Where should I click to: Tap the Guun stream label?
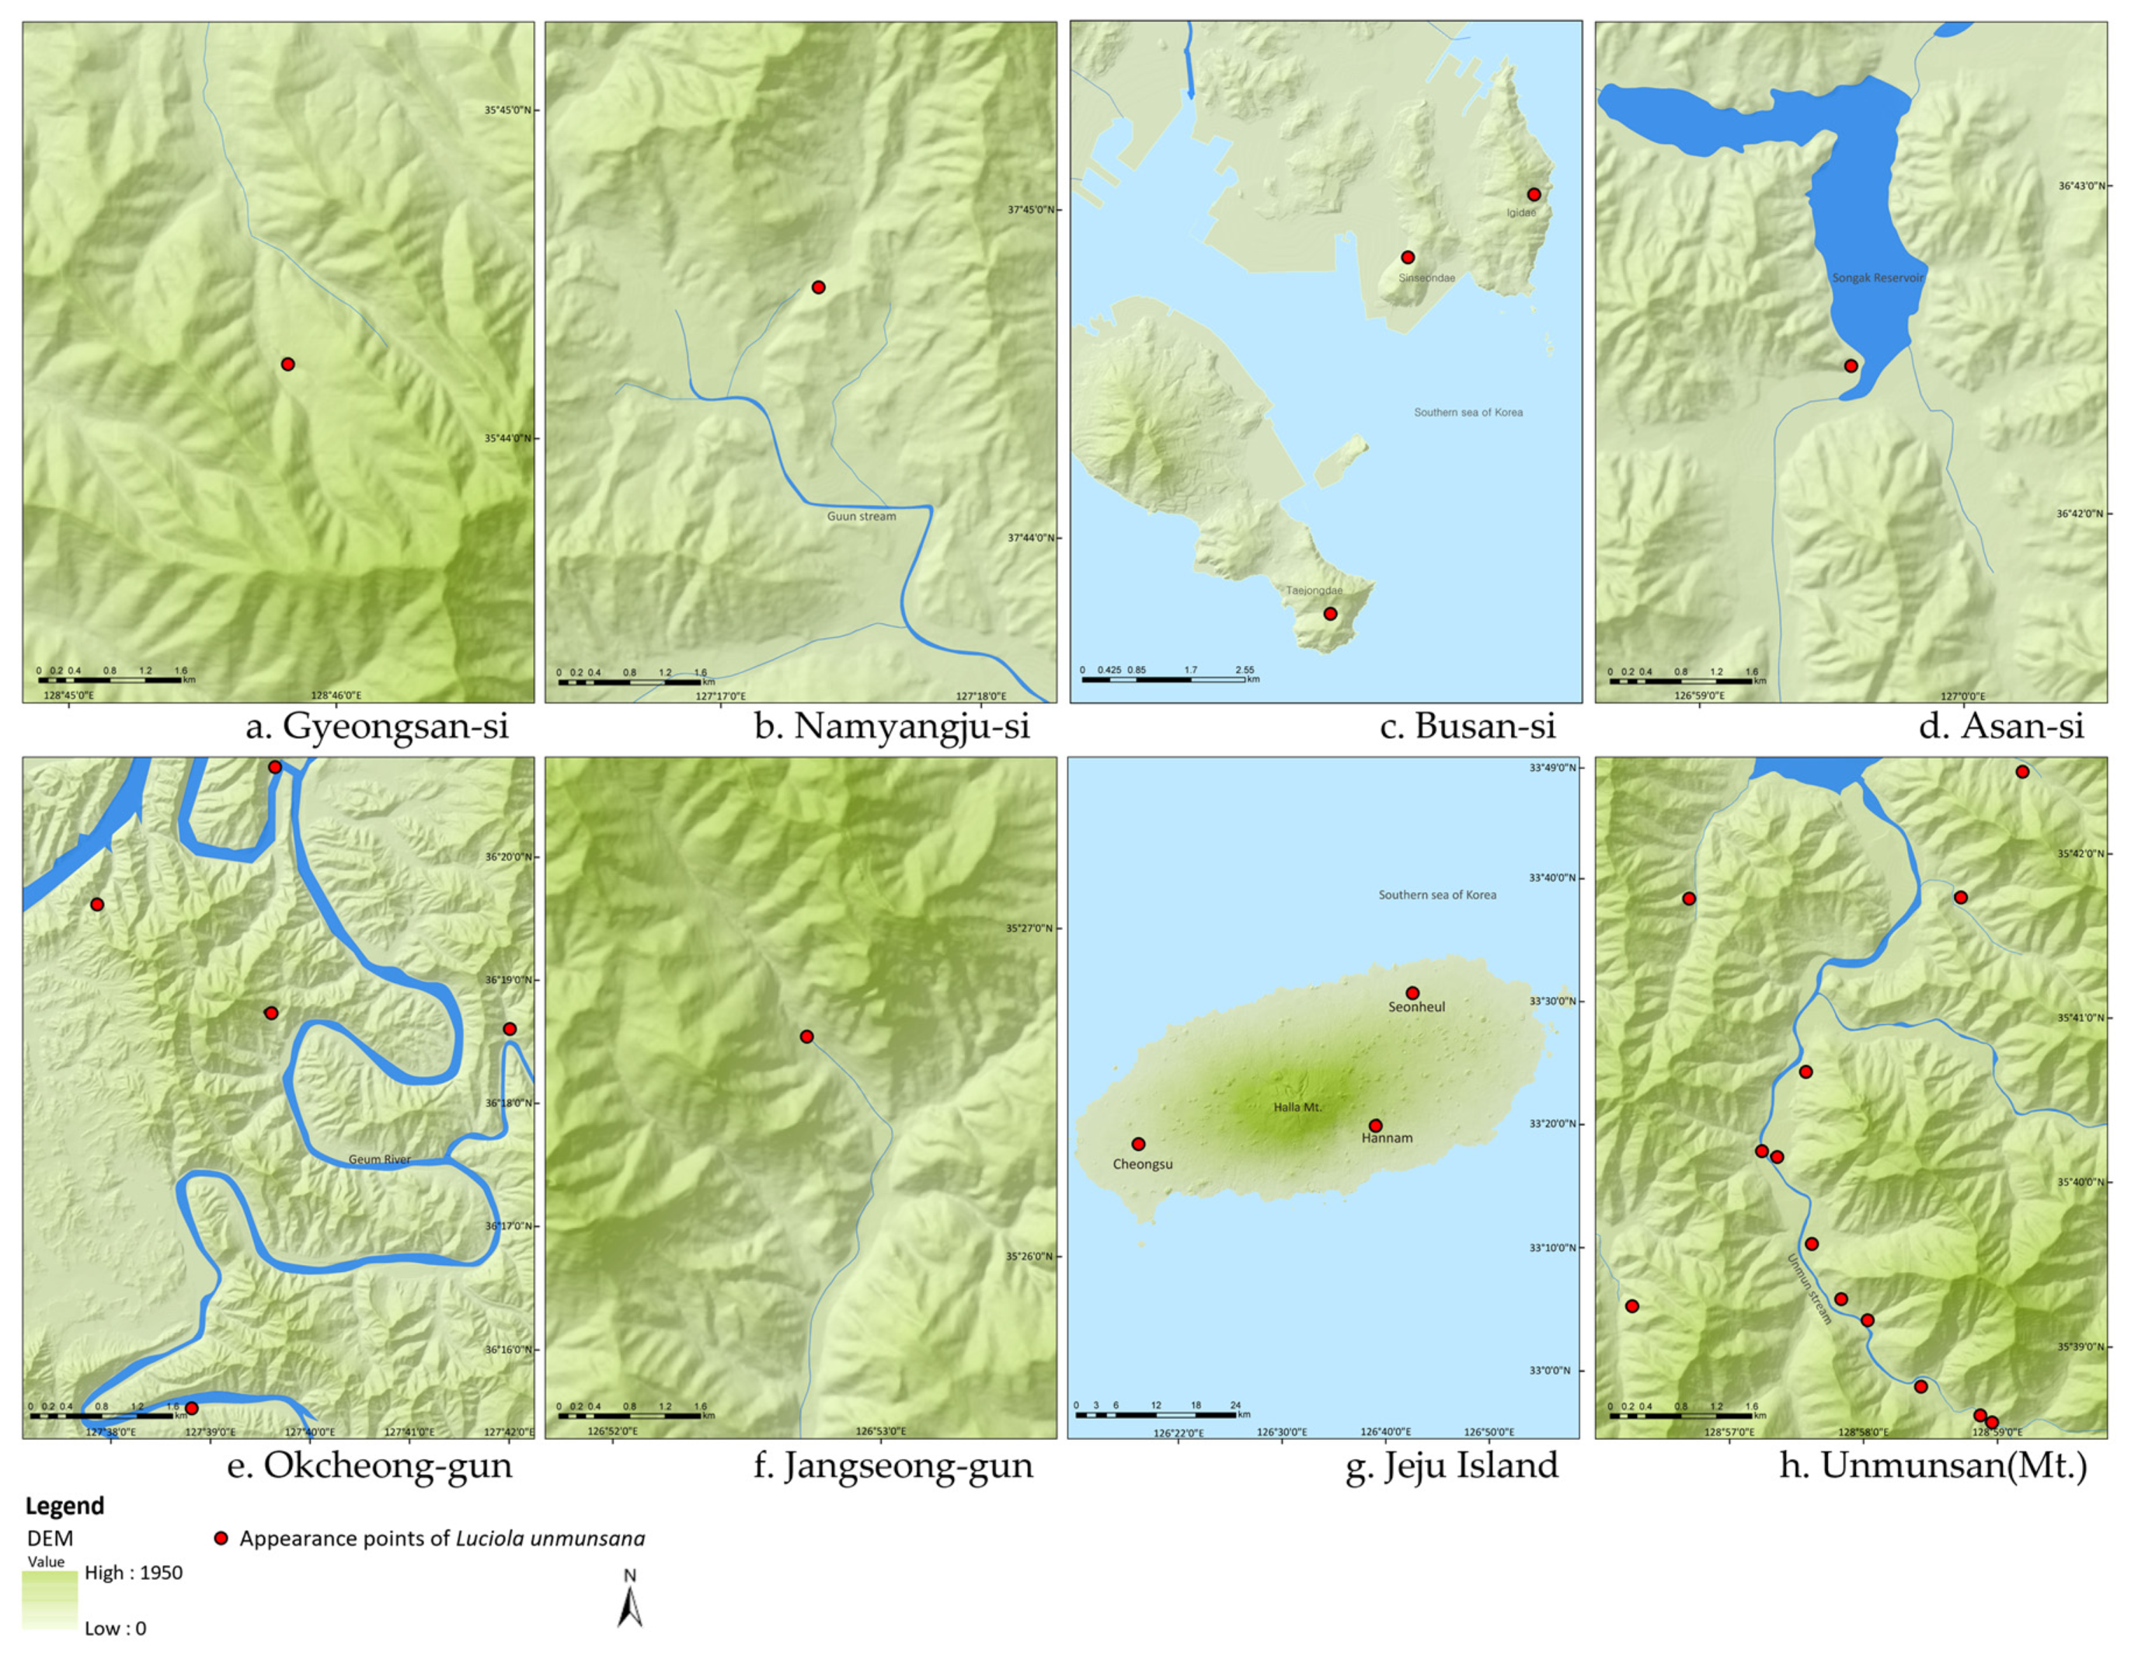(x=861, y=516)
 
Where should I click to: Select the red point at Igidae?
(x=1534, y=194)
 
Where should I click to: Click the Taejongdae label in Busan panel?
(x=1314, y=591)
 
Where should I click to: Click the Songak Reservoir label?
(x=1877, y=278)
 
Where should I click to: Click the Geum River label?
(x=380, y=1159)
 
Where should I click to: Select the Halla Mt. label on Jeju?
(x=1297, y=1107)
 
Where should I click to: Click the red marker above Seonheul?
(x=1412, y=992)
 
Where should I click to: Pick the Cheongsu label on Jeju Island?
(x=1143, y=1164)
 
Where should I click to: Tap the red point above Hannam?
(x=1375, y=1125)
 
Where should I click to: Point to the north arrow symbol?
(x=630, y=1603)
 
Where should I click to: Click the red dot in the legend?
(x=221, y=1539)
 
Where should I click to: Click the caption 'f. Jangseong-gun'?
(x=893, y=1466)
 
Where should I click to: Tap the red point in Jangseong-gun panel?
(x=806, y=1037)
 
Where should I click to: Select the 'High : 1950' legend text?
(x=134, y=1572)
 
